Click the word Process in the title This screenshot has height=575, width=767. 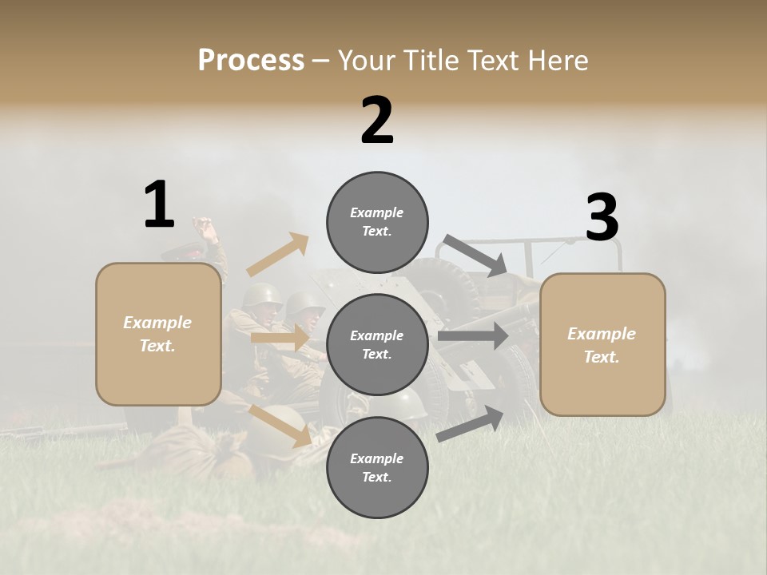point(251,60)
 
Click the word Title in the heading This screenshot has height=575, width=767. point(427,60)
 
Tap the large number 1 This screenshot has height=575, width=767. point(158,205)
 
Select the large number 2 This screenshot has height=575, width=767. point(377,121)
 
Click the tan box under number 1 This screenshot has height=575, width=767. point(158,334)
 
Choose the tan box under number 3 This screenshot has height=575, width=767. point(602,344)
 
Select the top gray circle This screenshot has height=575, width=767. point(377,222)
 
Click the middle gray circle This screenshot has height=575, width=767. point(377,344)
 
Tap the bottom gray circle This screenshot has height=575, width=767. point(377,467)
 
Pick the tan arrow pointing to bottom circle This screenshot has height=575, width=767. point(281,425)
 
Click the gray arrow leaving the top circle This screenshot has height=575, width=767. point(475,256)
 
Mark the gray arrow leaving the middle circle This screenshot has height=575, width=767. point(473,335)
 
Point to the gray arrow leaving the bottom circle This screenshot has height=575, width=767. point(471,423)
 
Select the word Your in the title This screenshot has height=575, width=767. point(364,60)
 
